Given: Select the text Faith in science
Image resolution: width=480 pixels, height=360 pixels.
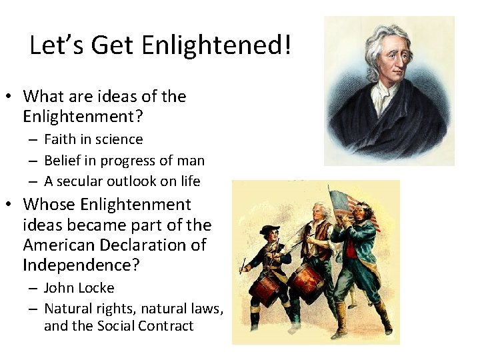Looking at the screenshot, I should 93,139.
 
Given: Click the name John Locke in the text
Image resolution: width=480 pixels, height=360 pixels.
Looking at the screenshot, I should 79,288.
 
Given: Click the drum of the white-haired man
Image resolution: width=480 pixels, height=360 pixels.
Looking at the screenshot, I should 306,280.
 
